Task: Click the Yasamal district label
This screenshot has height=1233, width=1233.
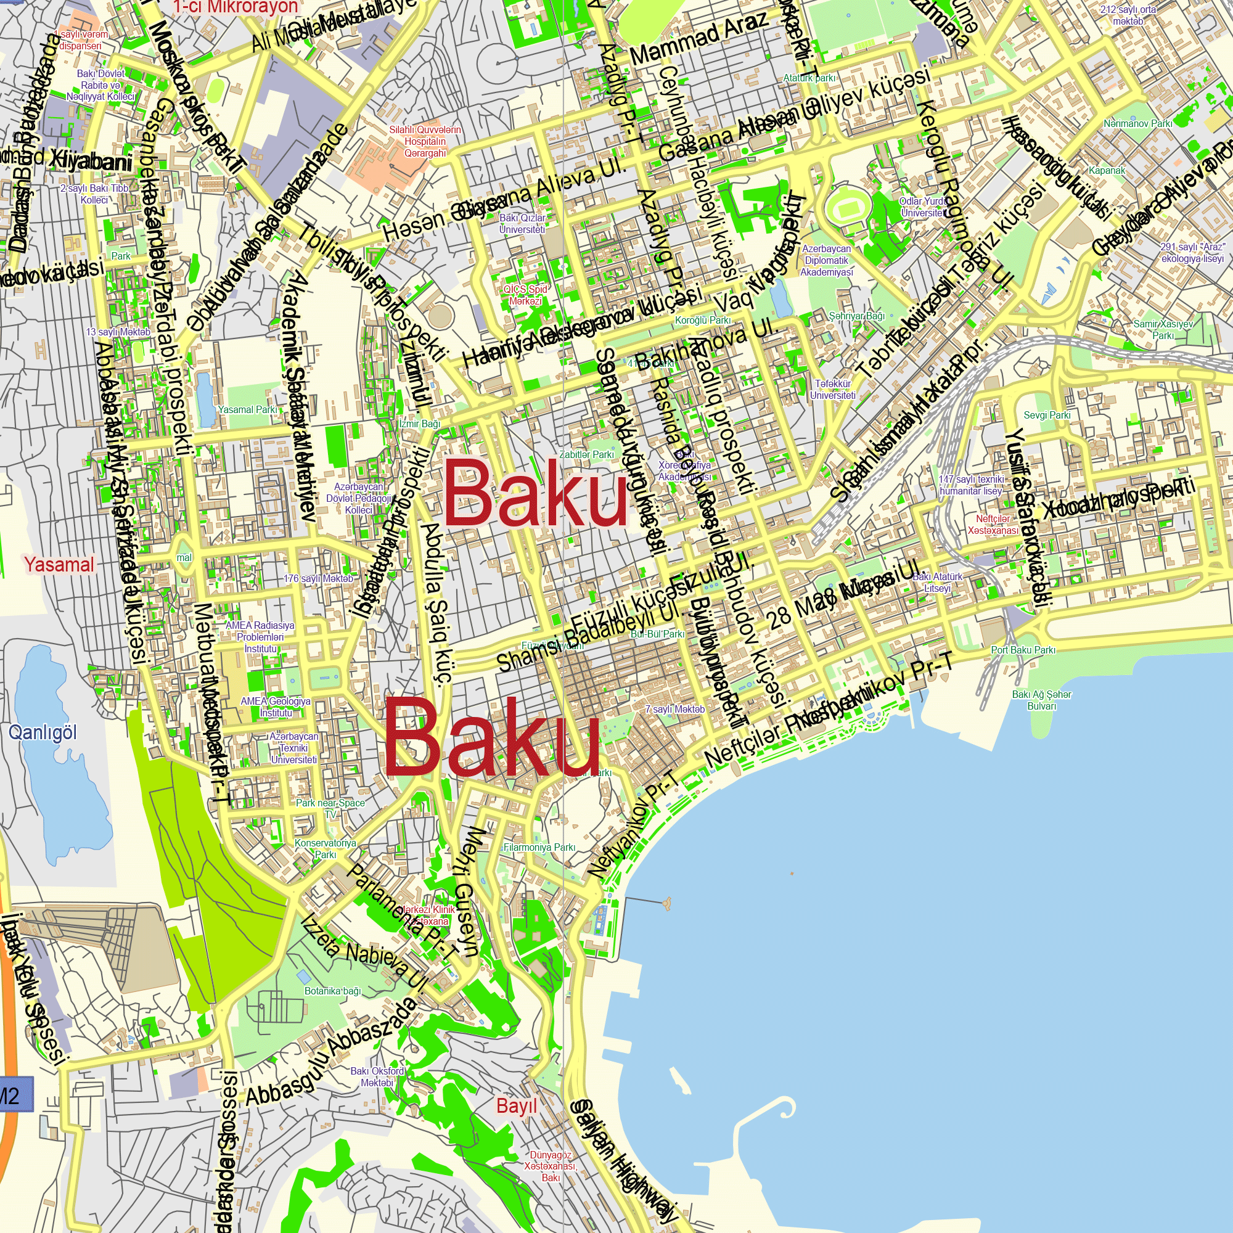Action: click(59, 564)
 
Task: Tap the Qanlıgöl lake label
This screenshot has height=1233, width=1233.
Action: click(43, 732)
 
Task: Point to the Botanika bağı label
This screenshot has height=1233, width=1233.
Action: click(332, 991)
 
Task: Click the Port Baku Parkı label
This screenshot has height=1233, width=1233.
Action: click(1023, 650)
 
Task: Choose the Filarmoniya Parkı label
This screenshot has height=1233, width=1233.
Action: click(539, 848)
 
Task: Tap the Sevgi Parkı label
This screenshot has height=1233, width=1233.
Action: click(1047, 415)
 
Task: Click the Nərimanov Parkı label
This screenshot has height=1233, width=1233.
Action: click(1138, 124)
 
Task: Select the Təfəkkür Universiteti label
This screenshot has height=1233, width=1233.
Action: click(833, 389)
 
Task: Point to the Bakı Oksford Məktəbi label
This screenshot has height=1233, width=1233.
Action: click(377, 1076)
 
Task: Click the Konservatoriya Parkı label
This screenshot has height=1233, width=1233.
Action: click(326, 849)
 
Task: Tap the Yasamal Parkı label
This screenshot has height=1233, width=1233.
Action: click(248, 410)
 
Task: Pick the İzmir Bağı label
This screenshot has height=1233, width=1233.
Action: click(419, 424)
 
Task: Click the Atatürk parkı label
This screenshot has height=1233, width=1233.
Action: click(809, 78)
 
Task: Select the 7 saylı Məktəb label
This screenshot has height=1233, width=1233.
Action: click(674, 709)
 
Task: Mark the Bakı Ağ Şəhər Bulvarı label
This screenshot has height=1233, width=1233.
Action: click(1041, 700)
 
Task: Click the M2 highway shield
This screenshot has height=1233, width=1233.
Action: click(12, 1095)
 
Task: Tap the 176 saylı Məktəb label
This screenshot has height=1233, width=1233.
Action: click(318, 579)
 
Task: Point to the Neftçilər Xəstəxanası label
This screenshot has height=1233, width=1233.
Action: click(993, 525)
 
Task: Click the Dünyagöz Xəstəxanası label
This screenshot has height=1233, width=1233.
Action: click(550, 1166)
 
